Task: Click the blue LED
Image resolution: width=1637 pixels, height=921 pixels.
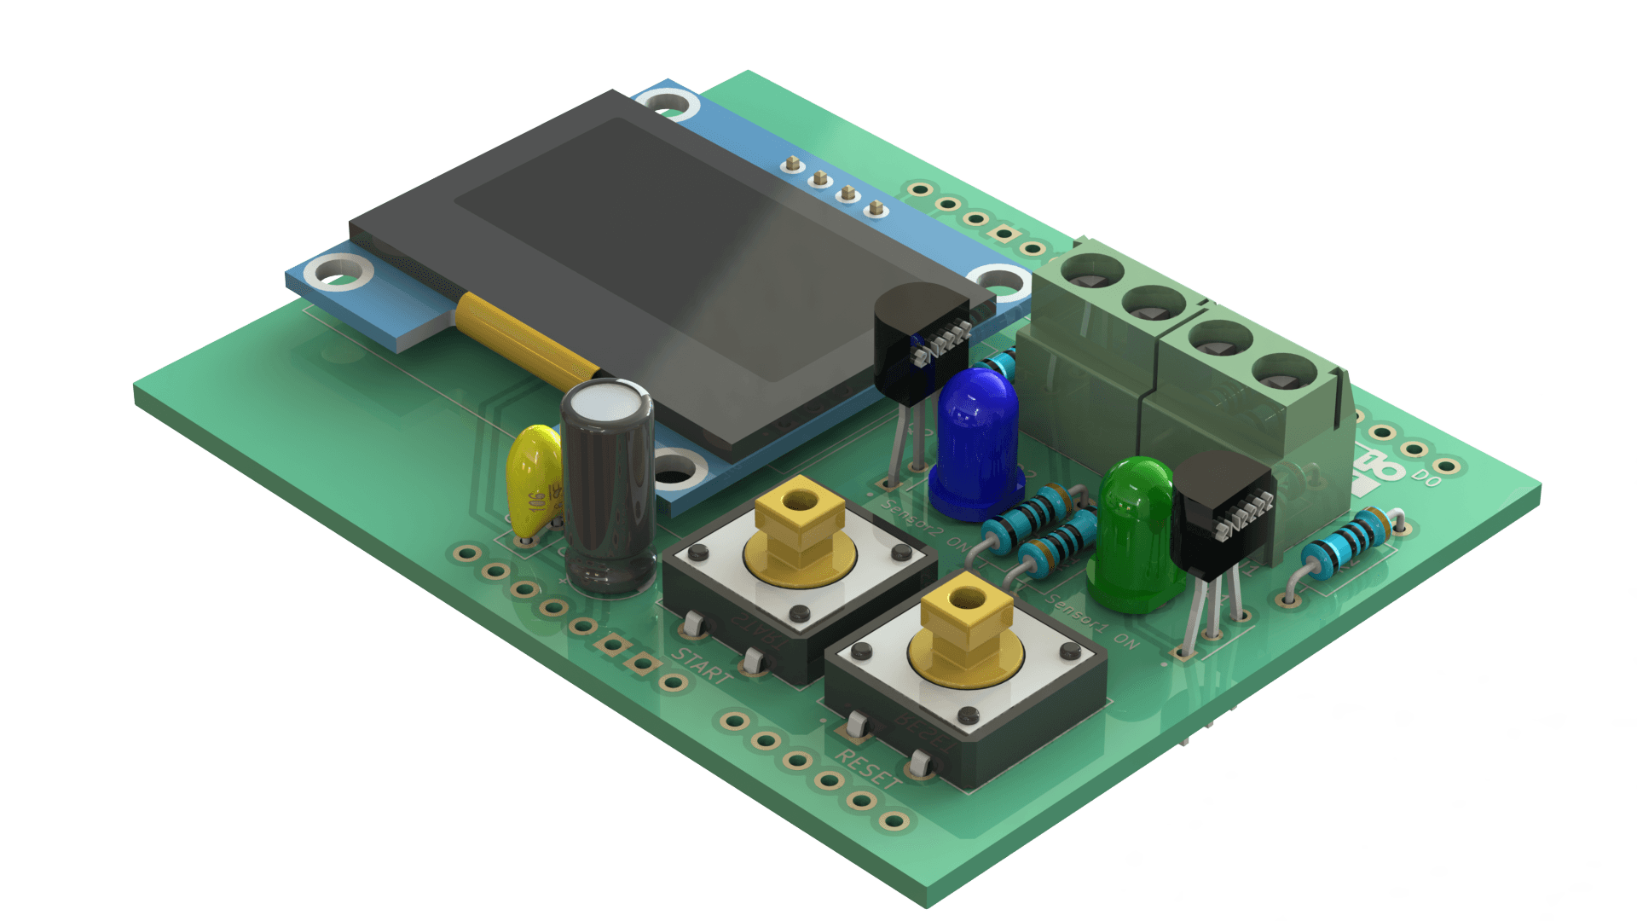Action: [977, 443]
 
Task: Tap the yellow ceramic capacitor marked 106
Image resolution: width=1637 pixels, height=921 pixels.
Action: [534, 483]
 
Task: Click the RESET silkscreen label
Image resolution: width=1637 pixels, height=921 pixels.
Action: [867, 768]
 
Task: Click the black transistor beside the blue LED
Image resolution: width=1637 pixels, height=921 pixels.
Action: [919, 341]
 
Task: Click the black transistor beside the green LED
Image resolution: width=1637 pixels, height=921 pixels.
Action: [1221, 512]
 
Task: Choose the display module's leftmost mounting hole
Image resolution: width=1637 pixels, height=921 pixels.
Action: [338, 275]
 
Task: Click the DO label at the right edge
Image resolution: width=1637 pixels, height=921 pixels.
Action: [1426, 478]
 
